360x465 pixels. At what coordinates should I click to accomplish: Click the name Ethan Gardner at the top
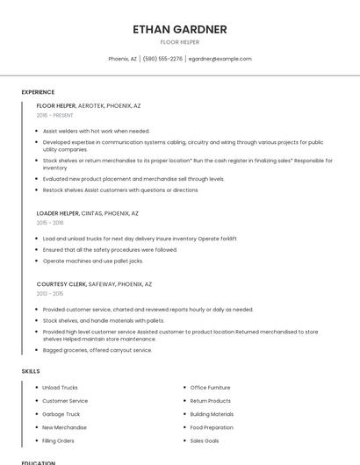[x=180, y=29]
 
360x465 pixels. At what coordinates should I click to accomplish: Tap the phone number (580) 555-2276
[x=162, y=59]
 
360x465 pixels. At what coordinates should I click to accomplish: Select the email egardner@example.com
[x=220, y=59]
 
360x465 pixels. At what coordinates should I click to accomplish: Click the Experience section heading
[x=38, y=92]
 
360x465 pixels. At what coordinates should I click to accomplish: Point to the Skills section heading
[x=31, y=371]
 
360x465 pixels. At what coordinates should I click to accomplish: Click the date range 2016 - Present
[x=54, y=115]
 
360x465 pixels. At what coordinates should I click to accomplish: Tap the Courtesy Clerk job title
[x=61, y=284]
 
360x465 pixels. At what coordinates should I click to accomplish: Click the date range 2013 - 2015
[x=50, y=294]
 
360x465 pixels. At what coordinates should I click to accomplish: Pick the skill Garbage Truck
[x=61, y=413]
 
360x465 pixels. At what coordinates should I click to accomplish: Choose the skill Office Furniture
[x=210, y=387]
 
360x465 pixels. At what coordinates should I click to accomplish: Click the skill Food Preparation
[x=212, y=427]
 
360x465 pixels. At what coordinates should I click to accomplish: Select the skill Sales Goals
[x=205, y=440]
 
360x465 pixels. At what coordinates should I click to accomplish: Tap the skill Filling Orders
[x=59, y=440]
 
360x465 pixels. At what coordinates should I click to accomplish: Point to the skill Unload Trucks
[x=60, y=387]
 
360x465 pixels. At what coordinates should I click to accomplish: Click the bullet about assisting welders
[x=97, y=131]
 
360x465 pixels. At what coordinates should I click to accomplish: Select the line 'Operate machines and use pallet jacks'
[x=92, y=261]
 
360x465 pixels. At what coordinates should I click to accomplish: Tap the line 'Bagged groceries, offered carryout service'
[x=97, y=350]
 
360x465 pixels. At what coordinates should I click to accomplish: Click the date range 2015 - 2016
[x=50, y=223]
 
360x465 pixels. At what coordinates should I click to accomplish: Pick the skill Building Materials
[x=212, y=413]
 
